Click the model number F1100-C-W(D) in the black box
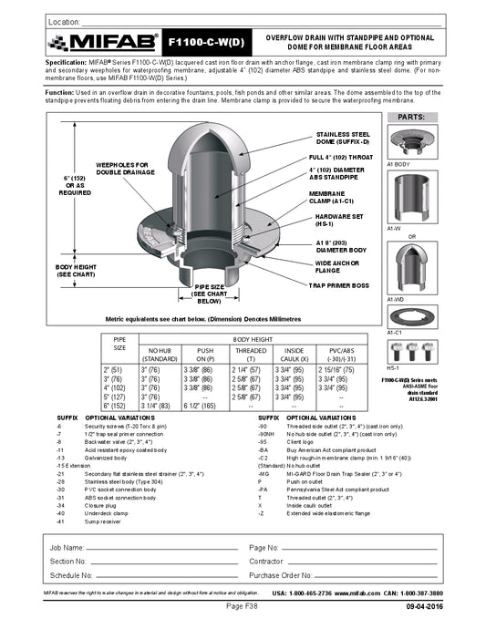coord(207,42)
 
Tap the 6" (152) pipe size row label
coord(114,404)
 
